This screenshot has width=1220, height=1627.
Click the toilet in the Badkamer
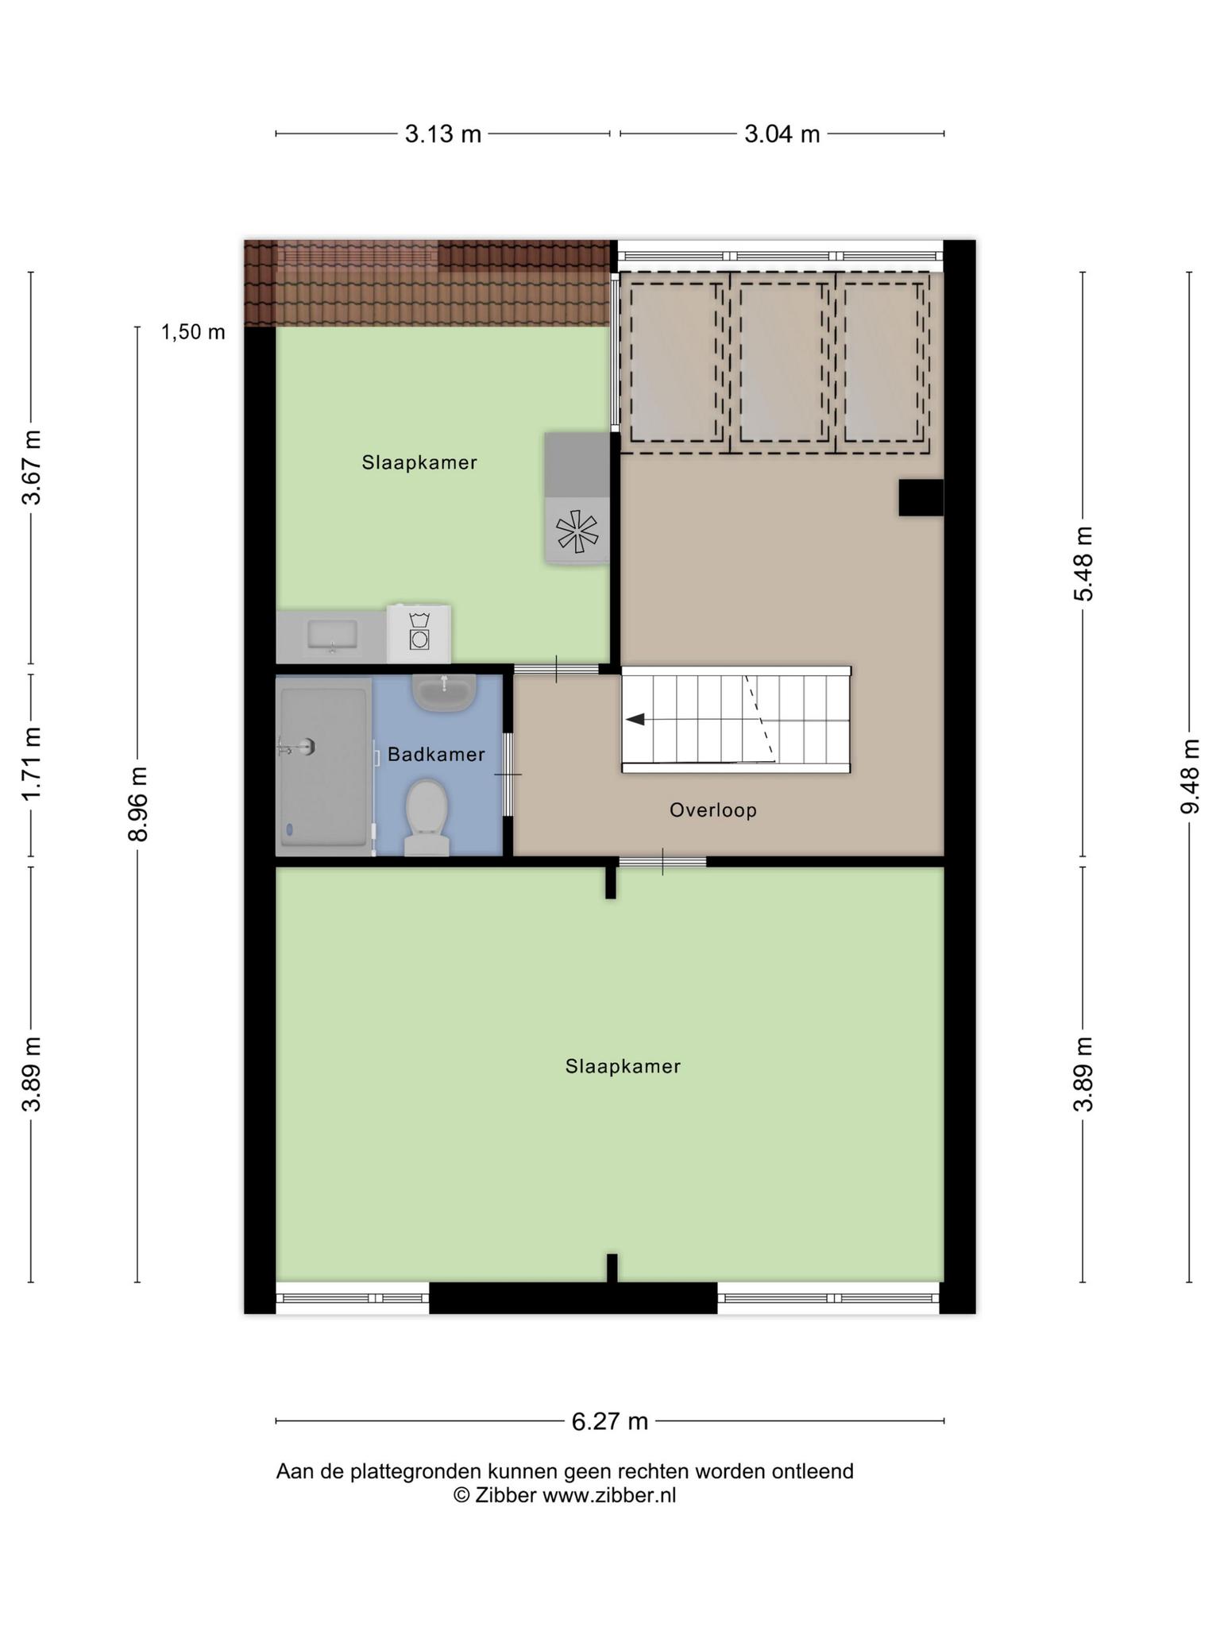[427, 817]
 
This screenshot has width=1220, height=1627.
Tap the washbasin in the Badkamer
[444, 692]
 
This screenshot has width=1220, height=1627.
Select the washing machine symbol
[419, 633]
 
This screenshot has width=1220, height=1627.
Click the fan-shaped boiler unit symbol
[577, 531]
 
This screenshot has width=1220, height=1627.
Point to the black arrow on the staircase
[635, 720]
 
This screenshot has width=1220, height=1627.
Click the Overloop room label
[713, 810]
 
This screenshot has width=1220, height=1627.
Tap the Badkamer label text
[436, 755]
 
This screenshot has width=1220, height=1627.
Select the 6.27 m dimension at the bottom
[610, 1421]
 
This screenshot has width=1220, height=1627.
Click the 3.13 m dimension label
[443, 134]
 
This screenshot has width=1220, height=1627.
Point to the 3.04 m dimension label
[782, 134]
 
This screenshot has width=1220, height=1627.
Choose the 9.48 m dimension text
[1190, 776]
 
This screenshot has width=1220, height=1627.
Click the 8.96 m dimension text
[137, 804]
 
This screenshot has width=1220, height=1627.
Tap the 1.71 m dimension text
[32, 764]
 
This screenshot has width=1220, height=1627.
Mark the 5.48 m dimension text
[1083, 563]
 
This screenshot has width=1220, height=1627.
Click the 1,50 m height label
[193, 332]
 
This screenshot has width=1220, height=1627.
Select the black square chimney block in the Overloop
[921, 497]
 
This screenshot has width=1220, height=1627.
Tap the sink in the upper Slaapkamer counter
[332, 636]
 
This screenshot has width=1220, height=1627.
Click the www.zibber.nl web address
[609, 1495]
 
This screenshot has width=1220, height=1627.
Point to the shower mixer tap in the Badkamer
[298, 746]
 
